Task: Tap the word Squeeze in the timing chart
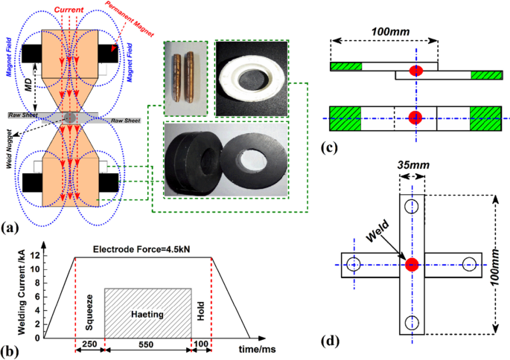point(89,312)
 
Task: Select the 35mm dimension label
point(411,168)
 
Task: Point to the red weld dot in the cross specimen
point(411,264)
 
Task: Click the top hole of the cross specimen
point(411,205)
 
